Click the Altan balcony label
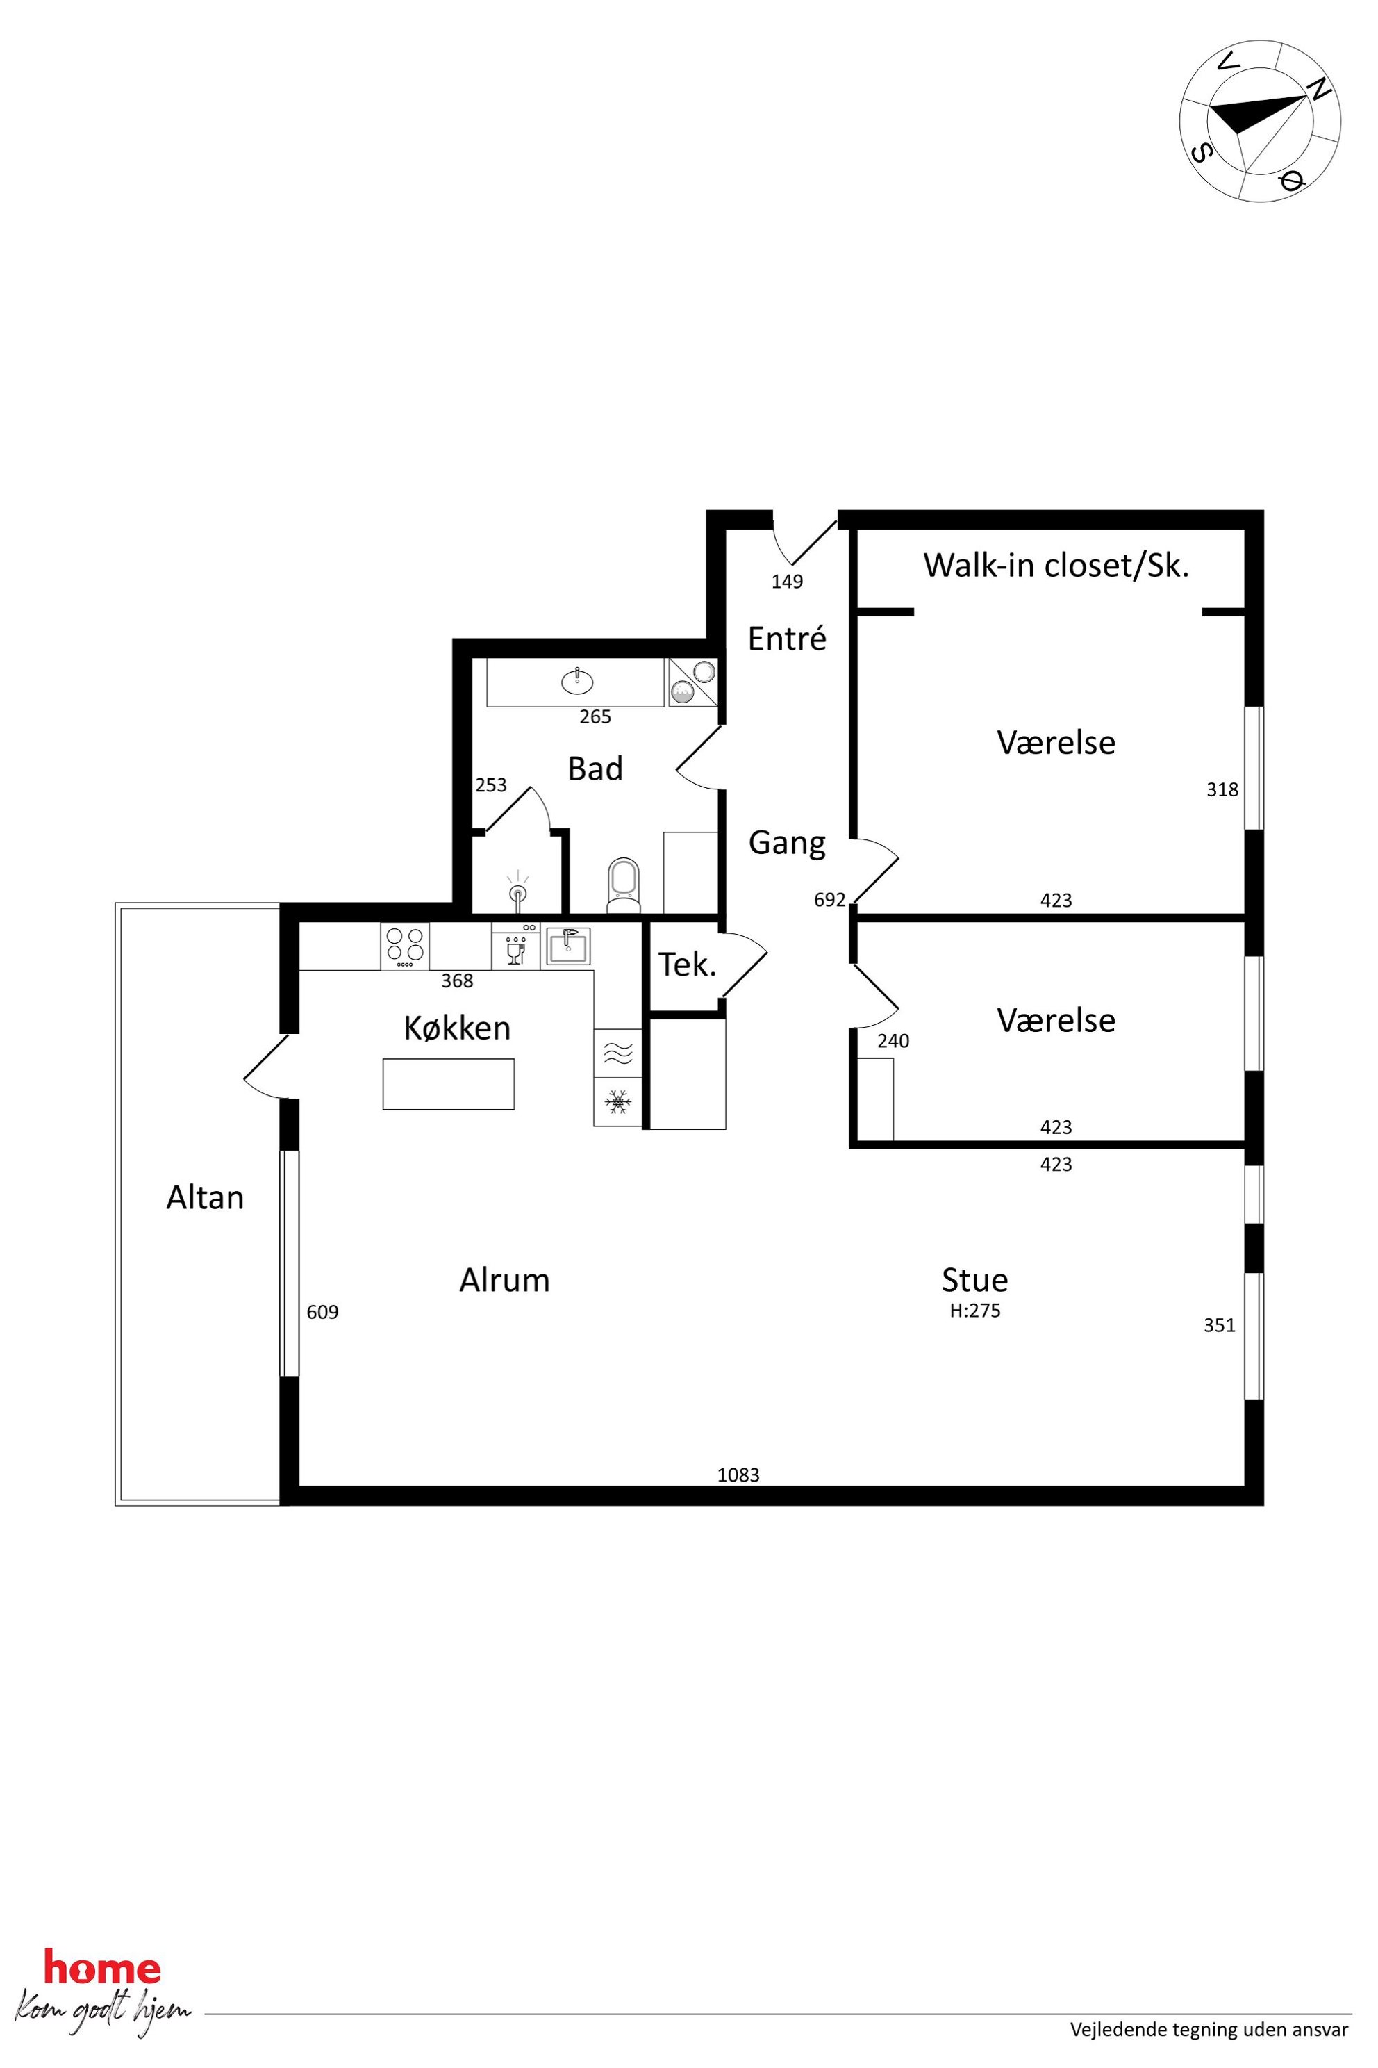[x=205, y=1197]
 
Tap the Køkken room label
[x=457, y=1028]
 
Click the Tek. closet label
[x=687, y=965]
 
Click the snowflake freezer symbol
[x=619, y=1101]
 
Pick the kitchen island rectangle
[x=448, y=1084]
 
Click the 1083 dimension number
[x=738, y=1475]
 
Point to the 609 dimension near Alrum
[x=322, y=1312]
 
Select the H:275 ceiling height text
[x=974, y=1310]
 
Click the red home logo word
[x=102, y=1969]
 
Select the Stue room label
[x=974, y=1279]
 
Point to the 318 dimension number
[x=1222, y=789]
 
